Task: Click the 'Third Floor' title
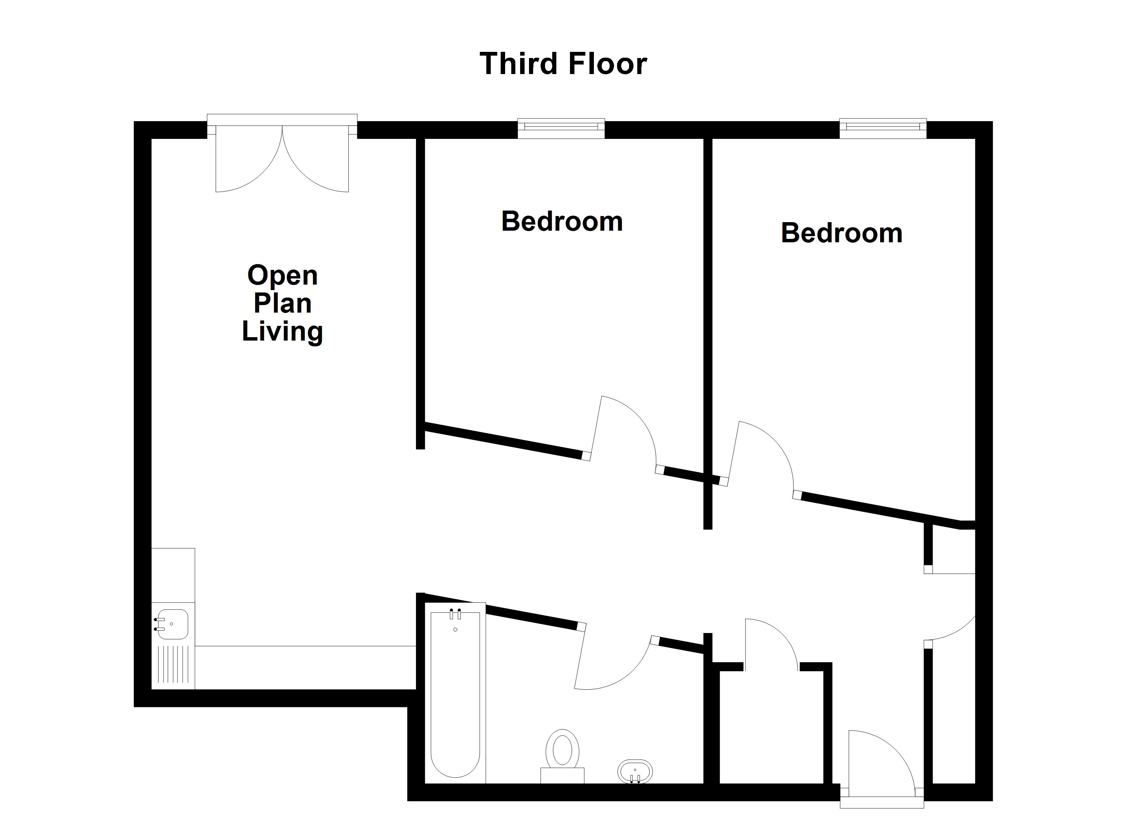[x=563, y=64]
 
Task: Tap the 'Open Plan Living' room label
[x=282, y=303]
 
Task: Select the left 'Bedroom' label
[x=562, y=221]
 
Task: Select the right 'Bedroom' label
[x=842, y=233]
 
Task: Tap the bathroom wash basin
[x=635, y=771]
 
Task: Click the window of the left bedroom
[x=561, y=128]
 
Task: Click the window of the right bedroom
[x=883, y=128]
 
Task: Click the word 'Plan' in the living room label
[x=282, y=303]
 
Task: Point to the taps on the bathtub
[x=455, y=614]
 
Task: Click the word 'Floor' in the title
[x=607, y=64]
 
